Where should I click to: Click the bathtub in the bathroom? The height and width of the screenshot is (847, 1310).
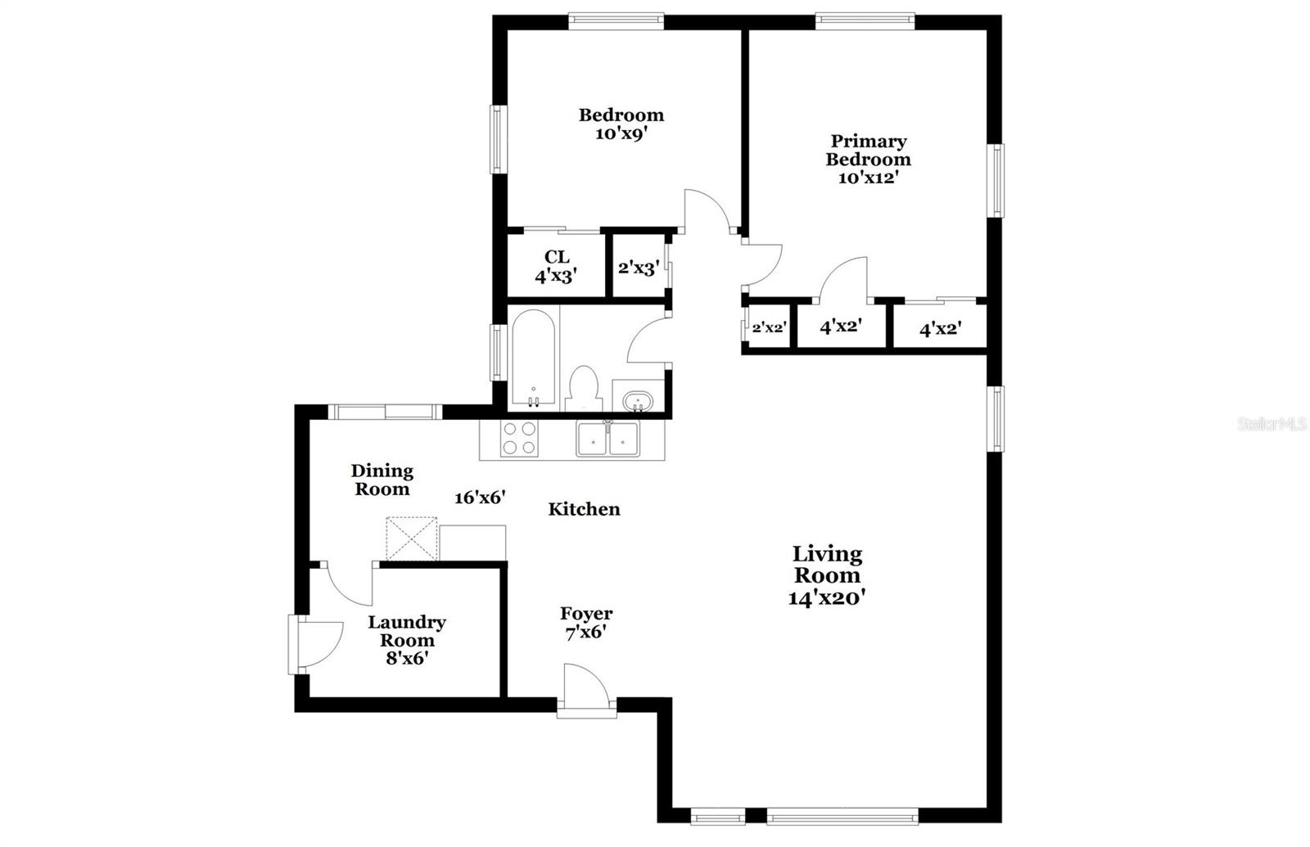click(x=533, y=358)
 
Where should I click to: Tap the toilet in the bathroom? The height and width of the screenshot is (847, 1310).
click(x=583, y=388)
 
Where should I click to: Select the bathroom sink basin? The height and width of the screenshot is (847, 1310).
click(x=637, y=402)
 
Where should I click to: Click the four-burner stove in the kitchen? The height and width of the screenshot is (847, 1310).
click(x=519, y=438)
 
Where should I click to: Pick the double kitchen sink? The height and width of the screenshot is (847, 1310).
click(x=608, y=439)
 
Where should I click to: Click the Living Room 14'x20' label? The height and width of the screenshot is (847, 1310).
click(x=827, y=575)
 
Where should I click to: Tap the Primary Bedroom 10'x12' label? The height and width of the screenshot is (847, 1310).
click(x=868, y=159)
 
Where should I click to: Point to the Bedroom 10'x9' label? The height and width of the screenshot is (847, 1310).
click(x=621, y=124)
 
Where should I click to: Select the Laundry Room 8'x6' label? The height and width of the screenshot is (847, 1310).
click(x=407, y=639)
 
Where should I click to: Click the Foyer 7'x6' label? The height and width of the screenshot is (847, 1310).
click(x=586, y=622)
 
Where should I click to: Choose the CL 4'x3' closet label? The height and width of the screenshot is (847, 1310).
click(x=557, y=267)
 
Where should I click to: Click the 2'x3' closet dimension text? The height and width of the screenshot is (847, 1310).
click(x=639, y=268)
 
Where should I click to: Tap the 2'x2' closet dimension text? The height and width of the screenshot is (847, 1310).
click(x=770, y=327)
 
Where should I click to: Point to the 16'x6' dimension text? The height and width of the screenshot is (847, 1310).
click(x=480, y=497)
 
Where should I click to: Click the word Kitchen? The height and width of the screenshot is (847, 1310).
click(x=584, y=509)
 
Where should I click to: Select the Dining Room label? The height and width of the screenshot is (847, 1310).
click(x=382, y=480)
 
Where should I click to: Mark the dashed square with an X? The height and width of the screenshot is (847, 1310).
click(x=412, y=538)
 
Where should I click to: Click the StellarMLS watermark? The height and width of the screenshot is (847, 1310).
click(x=1272, y=424)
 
